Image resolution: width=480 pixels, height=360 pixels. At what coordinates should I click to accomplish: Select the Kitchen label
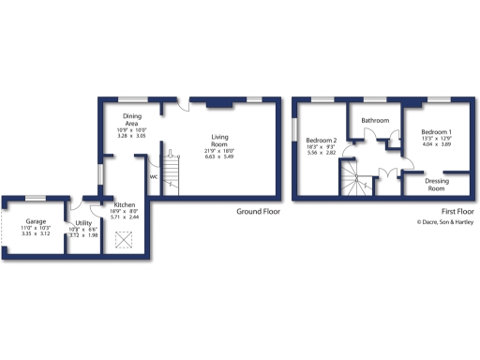tap(125, 204)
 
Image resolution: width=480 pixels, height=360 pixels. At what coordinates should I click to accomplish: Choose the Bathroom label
tap(376, 121)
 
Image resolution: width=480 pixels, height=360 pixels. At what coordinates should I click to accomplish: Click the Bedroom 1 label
tap(436, 131)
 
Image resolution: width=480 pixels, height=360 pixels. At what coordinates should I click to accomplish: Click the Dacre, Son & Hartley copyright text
tap(445, 222)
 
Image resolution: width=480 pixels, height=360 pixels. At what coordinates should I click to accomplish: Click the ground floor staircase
tap(172, 170)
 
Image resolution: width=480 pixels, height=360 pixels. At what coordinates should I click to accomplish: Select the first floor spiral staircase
tap(352, 177)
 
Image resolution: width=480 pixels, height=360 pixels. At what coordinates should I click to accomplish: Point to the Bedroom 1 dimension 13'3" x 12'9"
tap(436, 139)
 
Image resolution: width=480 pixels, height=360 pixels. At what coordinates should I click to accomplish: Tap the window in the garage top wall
tap(36, 197)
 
